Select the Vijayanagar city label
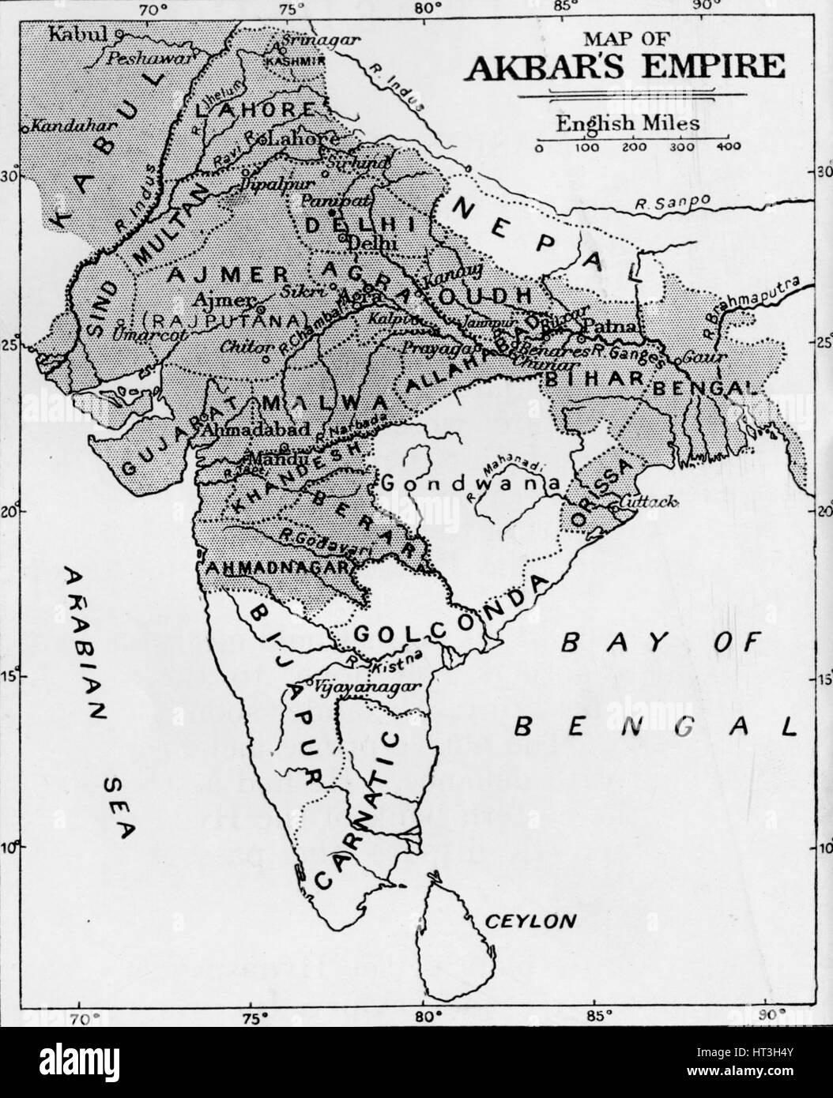354,687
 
